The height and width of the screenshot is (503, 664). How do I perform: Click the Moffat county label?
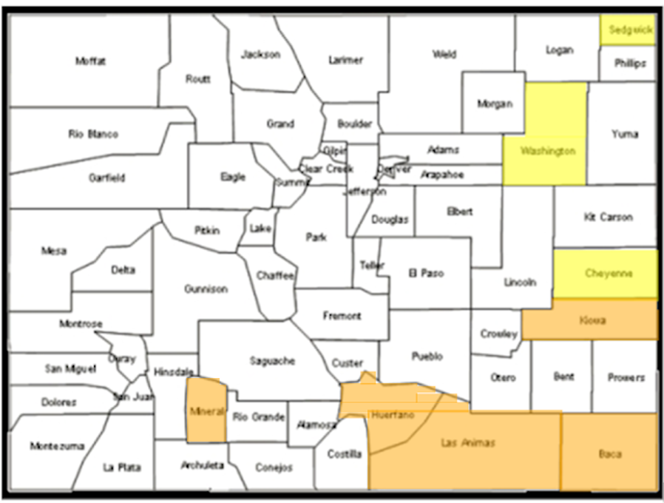coord(91,61)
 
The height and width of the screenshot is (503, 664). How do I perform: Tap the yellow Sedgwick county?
coord(627,30)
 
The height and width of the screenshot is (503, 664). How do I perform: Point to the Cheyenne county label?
coord(609,273)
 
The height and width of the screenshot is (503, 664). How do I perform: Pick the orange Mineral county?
coord(204,411)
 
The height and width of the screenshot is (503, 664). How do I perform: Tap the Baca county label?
coord(610,453)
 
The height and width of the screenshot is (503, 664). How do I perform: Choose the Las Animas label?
coord(468,442)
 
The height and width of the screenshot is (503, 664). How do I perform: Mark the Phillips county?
coord(629,64)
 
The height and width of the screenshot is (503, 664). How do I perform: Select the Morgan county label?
coord(495,104)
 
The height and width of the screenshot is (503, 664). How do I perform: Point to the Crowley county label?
coord(499,334)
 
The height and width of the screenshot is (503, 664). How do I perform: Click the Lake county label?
coord(260,229)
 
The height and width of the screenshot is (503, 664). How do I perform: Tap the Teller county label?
coord(367,265)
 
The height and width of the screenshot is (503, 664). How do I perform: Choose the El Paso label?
coord(426,273)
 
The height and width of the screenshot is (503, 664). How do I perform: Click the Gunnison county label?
coord(206,289)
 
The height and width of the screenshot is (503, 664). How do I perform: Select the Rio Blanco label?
coord(93,134)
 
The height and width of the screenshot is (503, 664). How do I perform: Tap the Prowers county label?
coord(626,377)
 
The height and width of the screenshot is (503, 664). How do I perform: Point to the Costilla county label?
coord(345,453)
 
